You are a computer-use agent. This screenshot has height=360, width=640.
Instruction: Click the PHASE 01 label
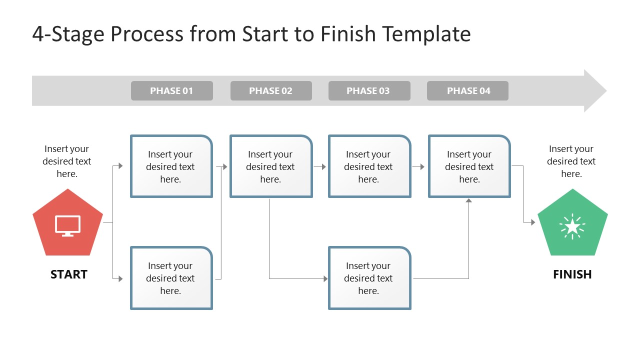tap(171, 91)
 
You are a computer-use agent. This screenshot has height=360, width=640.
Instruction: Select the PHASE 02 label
tap(270, 91)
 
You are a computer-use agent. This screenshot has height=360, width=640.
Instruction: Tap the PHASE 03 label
tap(368, 91)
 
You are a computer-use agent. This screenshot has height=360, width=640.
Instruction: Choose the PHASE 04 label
tap(467, 91)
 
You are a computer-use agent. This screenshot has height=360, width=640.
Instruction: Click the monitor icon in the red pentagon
tap(68, 225)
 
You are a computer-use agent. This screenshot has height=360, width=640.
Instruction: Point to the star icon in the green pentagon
tap(572, 227)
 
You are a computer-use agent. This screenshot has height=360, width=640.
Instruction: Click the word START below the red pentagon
tap(69, 274)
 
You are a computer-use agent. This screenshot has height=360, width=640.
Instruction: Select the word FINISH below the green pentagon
tap(572, 274)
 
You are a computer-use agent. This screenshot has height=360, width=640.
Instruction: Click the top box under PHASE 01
tap(171, 166)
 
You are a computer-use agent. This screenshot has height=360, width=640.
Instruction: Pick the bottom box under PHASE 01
tap(171, 278)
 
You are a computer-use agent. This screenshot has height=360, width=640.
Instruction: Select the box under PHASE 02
tap(270, 166)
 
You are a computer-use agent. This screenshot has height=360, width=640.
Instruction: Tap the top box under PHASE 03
tap(369, 166)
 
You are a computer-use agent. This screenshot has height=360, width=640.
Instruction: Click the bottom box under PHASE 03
tap(369, 278)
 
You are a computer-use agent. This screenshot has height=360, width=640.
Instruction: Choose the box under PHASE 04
tap(469, 166)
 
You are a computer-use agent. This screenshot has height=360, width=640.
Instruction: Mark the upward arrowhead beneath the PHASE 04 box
tap(468, 201)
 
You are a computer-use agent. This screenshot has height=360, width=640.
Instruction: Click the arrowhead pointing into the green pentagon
tap(532, 222)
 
